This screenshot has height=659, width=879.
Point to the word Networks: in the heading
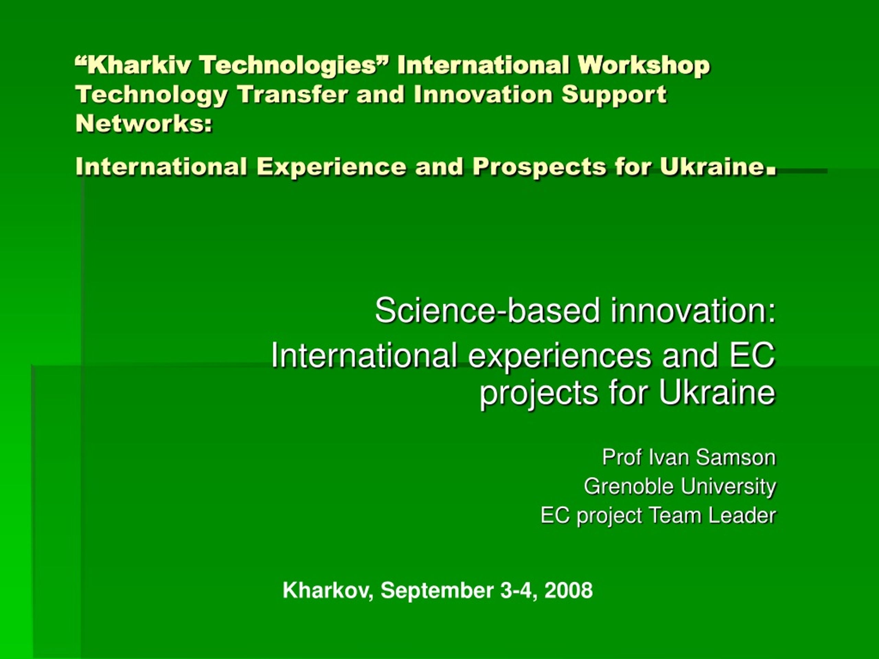coord(144,124)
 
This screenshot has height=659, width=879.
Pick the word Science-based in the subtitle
coord(487,311)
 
